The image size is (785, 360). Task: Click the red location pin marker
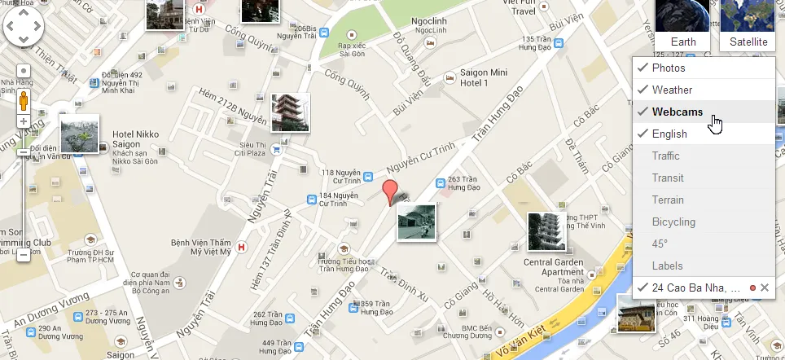(392, 191)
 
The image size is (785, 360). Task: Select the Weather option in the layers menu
(672, 90)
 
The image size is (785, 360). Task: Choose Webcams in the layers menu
(677, 112)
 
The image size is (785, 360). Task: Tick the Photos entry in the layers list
(669, 68)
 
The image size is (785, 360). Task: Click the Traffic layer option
(665, 156)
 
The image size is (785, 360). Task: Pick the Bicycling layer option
(673, 222)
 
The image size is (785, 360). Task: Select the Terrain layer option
(668, 200)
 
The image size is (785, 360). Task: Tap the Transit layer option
(668, 178)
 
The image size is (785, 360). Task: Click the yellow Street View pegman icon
(24, 102)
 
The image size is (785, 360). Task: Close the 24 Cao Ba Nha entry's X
(765, 288)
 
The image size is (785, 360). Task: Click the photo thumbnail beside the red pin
(416, 222)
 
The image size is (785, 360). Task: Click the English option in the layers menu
(669, 134)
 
